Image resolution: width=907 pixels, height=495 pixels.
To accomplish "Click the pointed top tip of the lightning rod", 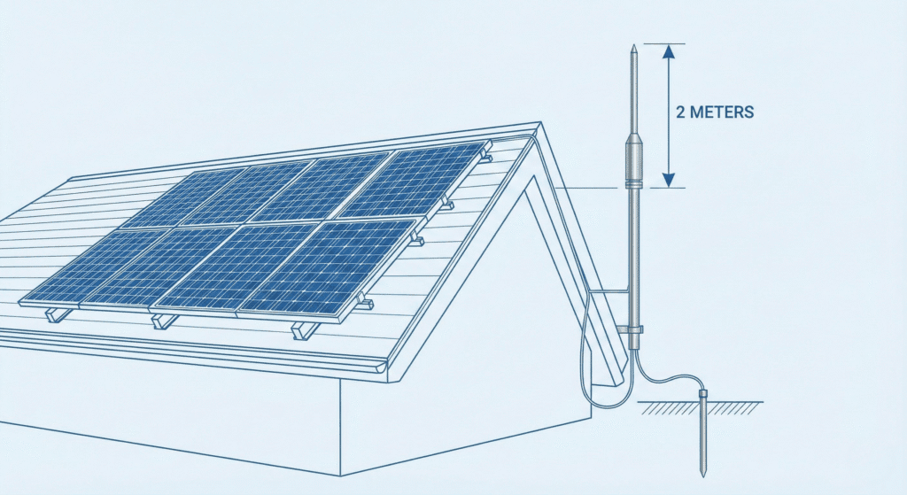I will click(x=633, y=46).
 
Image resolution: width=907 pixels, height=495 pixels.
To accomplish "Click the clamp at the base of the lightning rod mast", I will click(x=633, y=329).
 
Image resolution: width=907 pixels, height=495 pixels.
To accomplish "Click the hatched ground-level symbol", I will click(x=700, y=407).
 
